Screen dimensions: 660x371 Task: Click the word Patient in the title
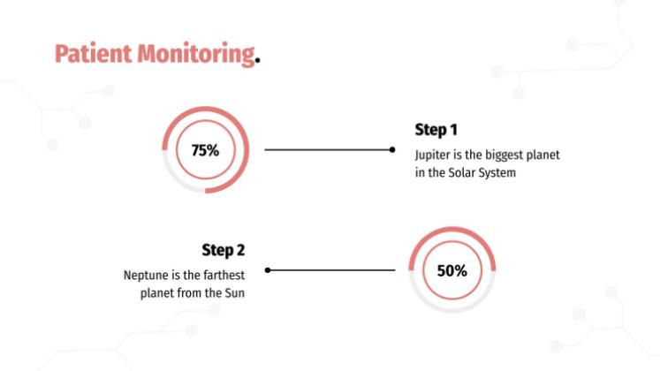93,54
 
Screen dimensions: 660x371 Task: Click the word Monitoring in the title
196,55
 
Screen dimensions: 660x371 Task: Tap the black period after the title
258,61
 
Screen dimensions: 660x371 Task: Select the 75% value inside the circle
205,150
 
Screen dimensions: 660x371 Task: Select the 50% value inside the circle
452,271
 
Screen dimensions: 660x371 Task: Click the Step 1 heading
436,130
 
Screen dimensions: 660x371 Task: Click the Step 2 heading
223,250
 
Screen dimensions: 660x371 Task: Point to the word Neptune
146,276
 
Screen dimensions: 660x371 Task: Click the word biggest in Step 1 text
504,155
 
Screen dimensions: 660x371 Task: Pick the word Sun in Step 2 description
234,293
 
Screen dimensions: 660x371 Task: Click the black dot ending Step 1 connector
392,150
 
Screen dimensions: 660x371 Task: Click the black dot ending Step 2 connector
268,270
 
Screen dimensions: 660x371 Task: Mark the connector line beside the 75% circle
329,150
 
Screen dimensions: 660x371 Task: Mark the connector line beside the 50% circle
330,270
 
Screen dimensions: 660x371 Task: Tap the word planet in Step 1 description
543,155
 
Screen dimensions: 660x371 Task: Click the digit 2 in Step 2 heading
240,250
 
